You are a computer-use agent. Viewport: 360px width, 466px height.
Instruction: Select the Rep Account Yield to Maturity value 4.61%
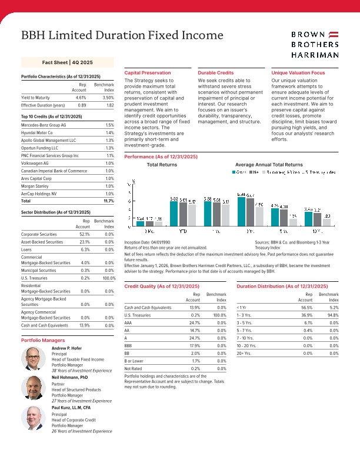81,97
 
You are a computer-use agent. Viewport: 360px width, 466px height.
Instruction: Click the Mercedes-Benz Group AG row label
44,125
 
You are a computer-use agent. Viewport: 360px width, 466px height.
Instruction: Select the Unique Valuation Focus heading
298,72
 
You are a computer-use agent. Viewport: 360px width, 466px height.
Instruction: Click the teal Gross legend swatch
234,172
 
